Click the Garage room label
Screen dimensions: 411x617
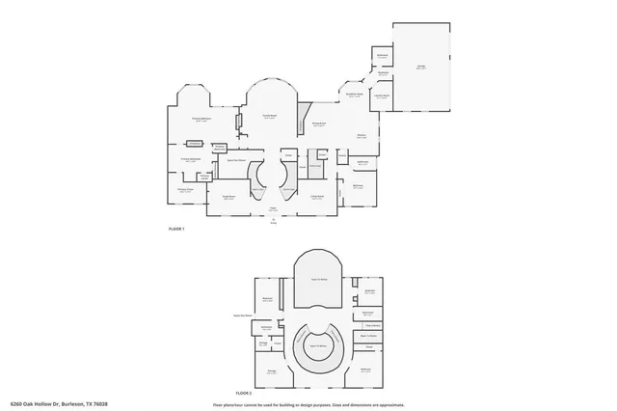(x=421, y=66)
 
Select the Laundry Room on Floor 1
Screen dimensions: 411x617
(x=381, y=96)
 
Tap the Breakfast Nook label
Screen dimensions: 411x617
(x=351, y=94)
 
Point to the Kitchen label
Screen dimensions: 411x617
(x=361, y=136)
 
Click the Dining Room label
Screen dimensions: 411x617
(x=317, y=124)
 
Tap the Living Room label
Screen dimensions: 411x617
(x=316, y=198)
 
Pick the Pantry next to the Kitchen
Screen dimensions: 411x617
(x=342, y=153)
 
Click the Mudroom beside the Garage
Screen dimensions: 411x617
(x=383, y=73)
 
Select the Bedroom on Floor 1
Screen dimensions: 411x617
(x=358, y=186)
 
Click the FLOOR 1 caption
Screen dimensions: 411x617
(x=176, y=229)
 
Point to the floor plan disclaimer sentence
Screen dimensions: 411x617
(x=308, y=403)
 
